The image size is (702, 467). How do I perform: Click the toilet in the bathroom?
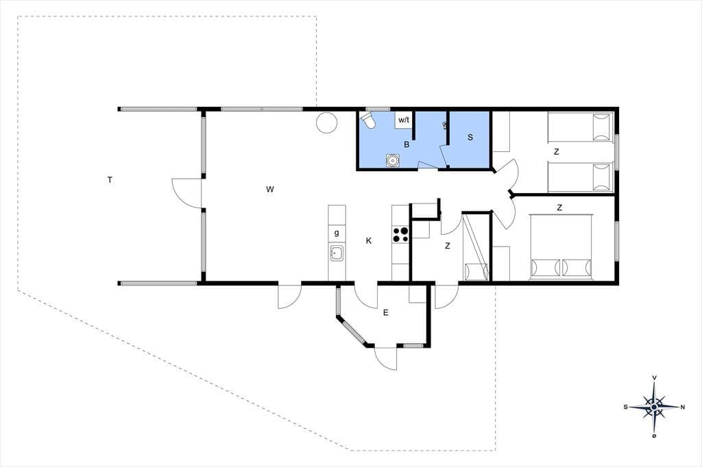coord(369,120)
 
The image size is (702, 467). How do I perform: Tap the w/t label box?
coord(403,119)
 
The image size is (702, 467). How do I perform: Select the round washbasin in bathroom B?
coord(393,160)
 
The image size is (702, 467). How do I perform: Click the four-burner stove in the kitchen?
coord(400,234)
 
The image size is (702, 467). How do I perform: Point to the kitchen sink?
coord(337,253)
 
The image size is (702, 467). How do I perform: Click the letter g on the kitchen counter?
coord(337,233)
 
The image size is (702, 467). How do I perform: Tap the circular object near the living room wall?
coord(326,122)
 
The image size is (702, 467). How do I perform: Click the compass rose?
coord(654,407)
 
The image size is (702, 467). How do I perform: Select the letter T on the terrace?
coord(110,180)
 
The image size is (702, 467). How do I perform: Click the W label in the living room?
coord(269,189)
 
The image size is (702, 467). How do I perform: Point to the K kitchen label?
coord(368,240)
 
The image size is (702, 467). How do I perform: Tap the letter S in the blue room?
coord(470,138)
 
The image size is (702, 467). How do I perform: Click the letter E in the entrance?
coord(385,313)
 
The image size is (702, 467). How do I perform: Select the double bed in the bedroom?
coord(561,247)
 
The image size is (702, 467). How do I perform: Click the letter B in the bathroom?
coord(407,144)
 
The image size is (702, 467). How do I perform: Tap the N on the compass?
coord(682,407)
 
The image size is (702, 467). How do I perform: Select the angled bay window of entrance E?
coord(353,331)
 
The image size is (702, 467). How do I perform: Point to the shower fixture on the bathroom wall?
coord(444,125)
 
